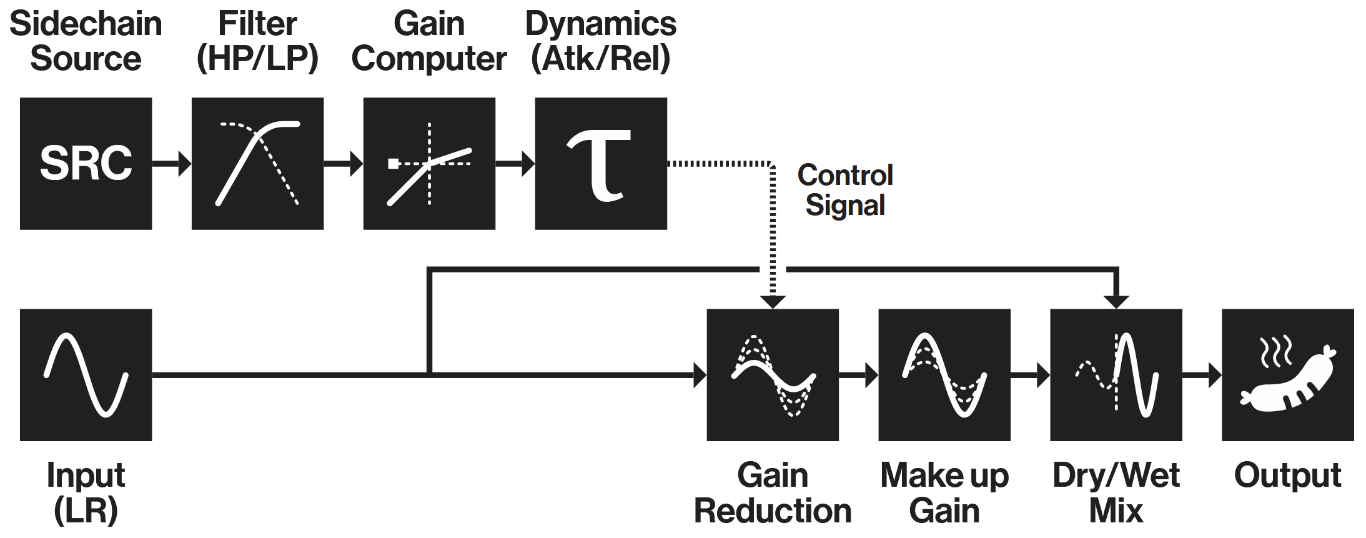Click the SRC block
coord(86,164)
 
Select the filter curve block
coord(257,164)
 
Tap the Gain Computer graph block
coord(429,164)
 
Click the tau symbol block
coord(601,164)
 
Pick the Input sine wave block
coord(86,375)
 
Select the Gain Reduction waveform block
coord(773,375)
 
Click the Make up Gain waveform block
coord(944,375)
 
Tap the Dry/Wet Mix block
coord(1116,375)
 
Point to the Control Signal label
coord(845,190)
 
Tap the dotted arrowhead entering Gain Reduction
coord(773,301)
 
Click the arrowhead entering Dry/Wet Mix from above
coord(1116,301)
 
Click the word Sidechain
coord(86,24)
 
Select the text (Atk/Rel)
coord(601,59)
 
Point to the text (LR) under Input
coord(86,511)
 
